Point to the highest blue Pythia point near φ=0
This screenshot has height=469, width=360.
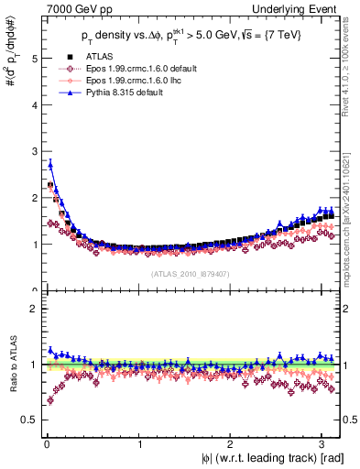[x=50, y=165]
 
